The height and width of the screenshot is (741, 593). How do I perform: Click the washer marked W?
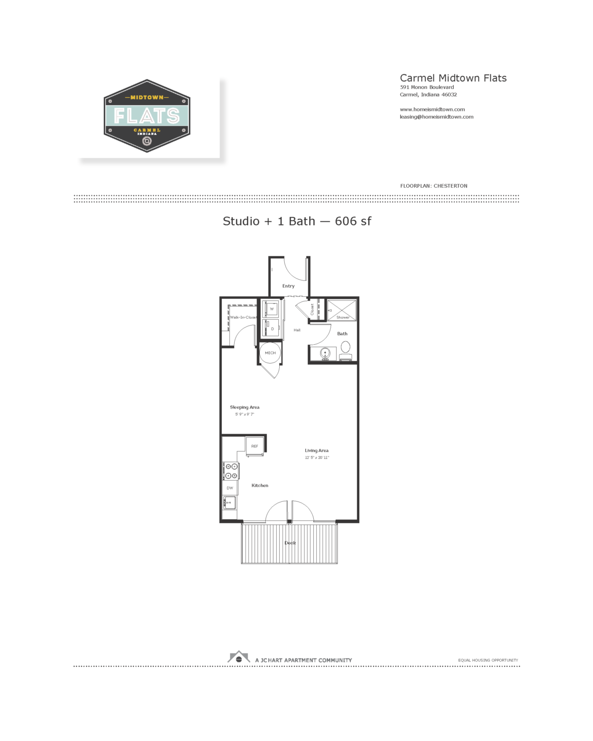tap(271, 309)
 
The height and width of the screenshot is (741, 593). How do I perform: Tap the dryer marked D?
tap(272, 329)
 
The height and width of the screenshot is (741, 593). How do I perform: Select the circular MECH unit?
tap(270, 353)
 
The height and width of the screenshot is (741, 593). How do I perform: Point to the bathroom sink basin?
tap(325, 353)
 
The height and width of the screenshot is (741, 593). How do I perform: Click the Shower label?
tap(342, 318)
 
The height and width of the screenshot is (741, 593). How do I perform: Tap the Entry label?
tap(288, 286)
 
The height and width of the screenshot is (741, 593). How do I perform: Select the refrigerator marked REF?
tap(254, 446)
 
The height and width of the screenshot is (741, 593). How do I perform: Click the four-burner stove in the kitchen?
tap(231, 471)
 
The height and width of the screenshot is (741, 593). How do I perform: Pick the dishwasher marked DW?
tap(230, 488)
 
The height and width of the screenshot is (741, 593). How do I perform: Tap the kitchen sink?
tap(230, 503)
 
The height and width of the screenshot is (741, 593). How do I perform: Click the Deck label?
tap(290, 543)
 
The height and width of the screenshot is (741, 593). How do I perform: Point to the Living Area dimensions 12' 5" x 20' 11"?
tap(317, 458)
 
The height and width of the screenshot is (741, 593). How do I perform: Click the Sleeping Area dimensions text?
tap(245, 414)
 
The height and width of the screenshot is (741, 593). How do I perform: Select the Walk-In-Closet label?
tap(243, 317)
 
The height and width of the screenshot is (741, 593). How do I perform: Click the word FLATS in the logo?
tap(147, 116)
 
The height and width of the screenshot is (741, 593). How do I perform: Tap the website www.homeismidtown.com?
tap(432, 110)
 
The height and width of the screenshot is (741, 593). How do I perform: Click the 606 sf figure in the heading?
tap(353, 221)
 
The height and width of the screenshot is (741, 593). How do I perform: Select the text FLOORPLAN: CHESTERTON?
tap(433, 186)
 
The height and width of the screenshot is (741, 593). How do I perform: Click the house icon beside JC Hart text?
tap(239, 658)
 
